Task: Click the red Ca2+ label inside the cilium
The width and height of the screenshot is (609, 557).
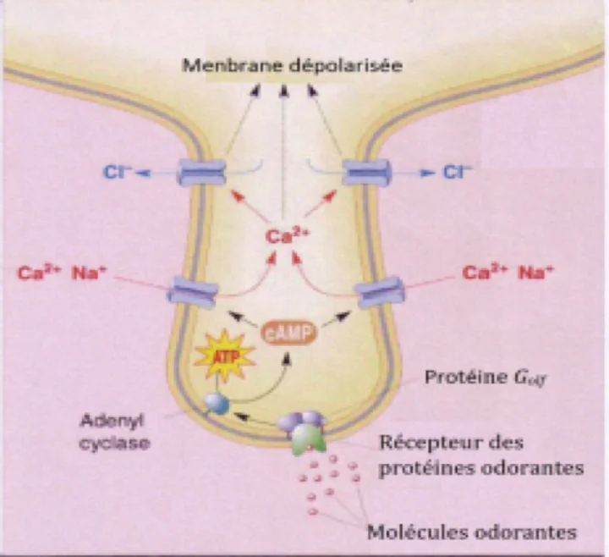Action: (283, 238)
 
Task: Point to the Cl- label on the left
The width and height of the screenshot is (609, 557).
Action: (116, 172)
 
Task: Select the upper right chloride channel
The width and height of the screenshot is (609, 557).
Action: (365, 173)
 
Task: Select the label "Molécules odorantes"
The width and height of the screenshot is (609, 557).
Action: (472, 532)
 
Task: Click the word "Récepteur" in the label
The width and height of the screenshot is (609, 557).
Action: (419, 442)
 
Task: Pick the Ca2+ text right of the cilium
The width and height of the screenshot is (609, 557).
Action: (480, 273)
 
